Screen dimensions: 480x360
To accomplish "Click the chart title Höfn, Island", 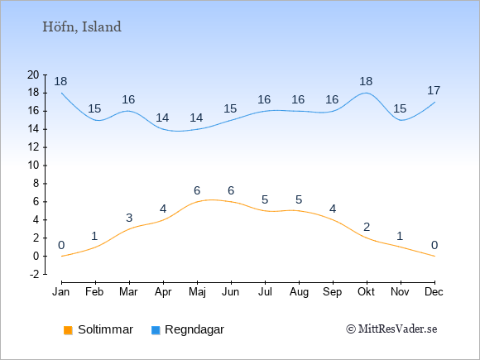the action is coord(82,27).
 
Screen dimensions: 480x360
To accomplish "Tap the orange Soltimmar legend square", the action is coord(68,330).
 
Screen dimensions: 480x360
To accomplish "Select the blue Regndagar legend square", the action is coord(156,330).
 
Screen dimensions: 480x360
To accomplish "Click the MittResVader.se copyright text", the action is coord(391,329).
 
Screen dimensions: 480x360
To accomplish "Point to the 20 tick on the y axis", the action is coord(33,74).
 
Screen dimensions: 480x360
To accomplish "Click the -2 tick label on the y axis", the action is coord(34,274).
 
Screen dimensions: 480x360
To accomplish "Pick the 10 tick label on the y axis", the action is coord(33,166).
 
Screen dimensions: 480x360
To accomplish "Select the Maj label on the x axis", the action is coord(197,292).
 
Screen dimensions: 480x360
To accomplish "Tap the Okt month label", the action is coord(366,292).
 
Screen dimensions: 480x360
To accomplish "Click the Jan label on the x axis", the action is coord(61,292).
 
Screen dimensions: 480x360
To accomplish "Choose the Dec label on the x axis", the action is coord(434,292).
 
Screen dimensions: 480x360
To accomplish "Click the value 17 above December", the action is coord(434,90).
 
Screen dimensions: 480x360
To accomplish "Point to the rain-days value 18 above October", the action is coord(366,81).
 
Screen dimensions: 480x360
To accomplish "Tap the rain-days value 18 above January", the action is coord(60,81).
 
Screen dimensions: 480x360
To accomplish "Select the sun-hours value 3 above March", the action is coord(129,218).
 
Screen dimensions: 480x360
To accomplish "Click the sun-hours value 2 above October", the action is coord(367,227).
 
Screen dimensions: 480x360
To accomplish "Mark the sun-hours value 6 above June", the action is coord(231,190).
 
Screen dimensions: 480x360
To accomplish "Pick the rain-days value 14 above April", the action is coord(162,118).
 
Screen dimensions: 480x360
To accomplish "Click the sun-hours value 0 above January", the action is coord(61,245).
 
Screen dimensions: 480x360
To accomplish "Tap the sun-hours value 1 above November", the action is coord(400,237).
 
